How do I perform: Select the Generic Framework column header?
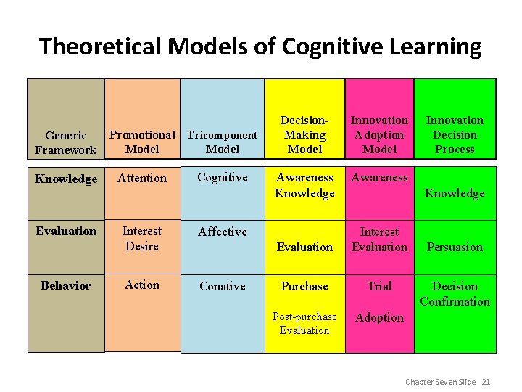point(65,142)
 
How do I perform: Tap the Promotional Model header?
point(142,142)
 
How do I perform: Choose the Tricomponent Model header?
point(223,142)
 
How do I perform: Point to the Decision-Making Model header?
point(304,134)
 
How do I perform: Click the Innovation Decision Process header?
point(455,134)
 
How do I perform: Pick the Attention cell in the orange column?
point(142,178)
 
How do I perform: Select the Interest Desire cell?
point(142,238)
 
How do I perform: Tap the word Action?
point(142,285)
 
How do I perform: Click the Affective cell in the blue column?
point(223,232)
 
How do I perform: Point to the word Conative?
point(223,286)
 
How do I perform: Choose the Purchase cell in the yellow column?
point(304,286)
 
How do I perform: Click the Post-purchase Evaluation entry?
point(304,323)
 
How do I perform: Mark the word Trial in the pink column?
point(379,286)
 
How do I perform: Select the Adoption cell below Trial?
point(379,317)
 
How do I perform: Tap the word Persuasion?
point(455,247)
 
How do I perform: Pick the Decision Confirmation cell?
point(455,293)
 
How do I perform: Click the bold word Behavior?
point(65,285)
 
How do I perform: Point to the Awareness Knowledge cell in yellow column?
point(304,185)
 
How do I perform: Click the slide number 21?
point(486,381)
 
